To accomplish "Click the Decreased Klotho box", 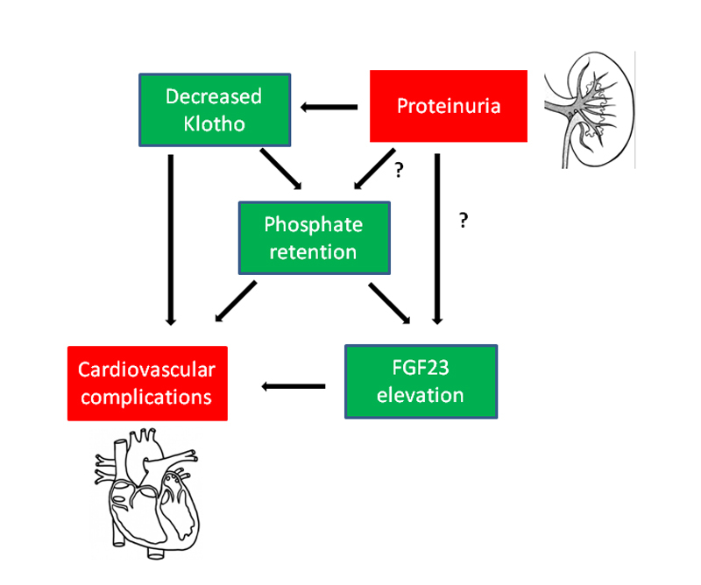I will pyautogui.click(x=214, y=110).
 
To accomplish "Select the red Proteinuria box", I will pyautogui.click(x=449, y=106).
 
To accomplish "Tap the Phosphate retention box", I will pyautogui.click(x=314, y=238).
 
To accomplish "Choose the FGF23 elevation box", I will pyautogui.click(x=421, y=382).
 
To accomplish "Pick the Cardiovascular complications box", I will pyautogui.click(x=147, y=383).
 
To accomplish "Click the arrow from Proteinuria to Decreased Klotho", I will pyautogui.click(x=329, y=107).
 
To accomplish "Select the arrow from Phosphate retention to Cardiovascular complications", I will pyautogui.click(x=234, y=300).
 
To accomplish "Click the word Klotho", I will pyautogui.click(x=215, y=123).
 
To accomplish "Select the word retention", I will pyautogui.click(x=314, y=252).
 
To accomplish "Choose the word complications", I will pyautogui.click(x=147, y=396).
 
